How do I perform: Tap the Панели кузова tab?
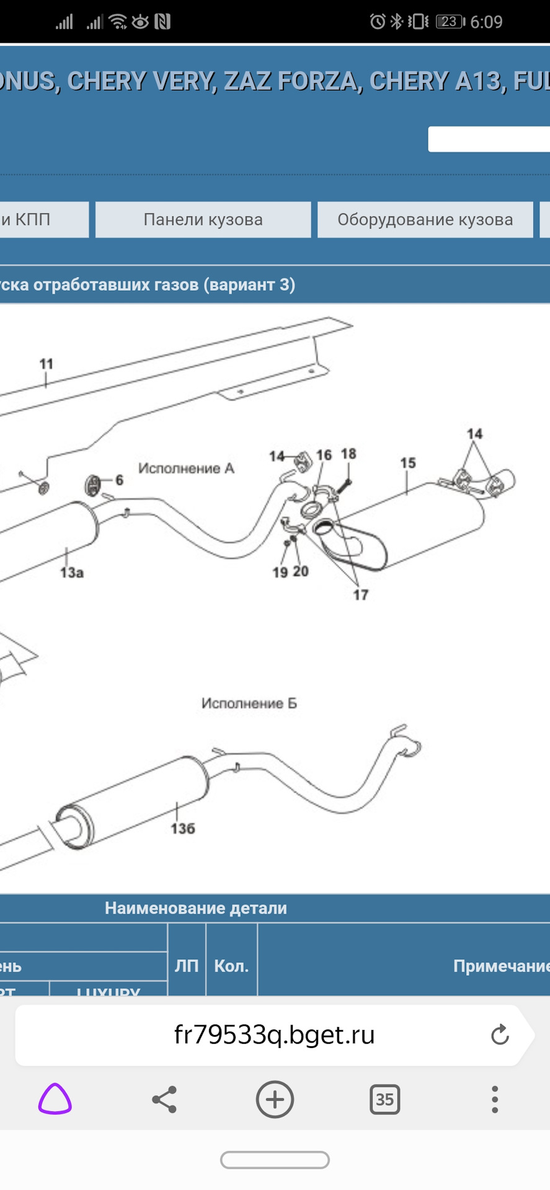click(203, 219)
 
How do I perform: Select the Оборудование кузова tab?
click(425, 219)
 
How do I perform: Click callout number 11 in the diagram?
click(47, 364)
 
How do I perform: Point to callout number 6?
click(119, 480)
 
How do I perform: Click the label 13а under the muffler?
click(72, 572)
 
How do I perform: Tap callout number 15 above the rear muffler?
click(407, 463)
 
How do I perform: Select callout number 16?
click(324, 456)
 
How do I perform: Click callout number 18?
click(348, 454)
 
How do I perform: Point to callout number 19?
click(280, 572)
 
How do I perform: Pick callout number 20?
click(301, 571)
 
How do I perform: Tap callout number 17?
click(360, 595)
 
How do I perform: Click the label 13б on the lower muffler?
click(183, 829)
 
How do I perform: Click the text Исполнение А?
click(186, 469)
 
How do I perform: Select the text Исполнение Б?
click(249, 703)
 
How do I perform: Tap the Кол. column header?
click(231, 966)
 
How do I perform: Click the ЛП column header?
click(187, 966)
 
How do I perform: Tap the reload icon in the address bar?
click(500, 1034)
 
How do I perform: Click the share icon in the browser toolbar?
click(164, 1100)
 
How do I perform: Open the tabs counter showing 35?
click(384, 1100)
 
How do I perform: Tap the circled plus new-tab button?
click(275, 1100)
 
